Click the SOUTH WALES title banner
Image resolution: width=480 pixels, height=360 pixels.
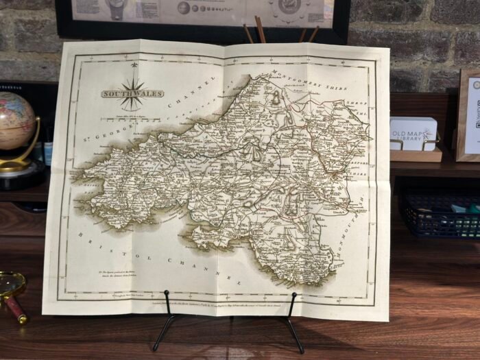[132, 94]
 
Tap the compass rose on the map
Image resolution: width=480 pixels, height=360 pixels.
[133, 95]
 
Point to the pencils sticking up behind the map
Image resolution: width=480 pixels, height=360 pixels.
[261, 31]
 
